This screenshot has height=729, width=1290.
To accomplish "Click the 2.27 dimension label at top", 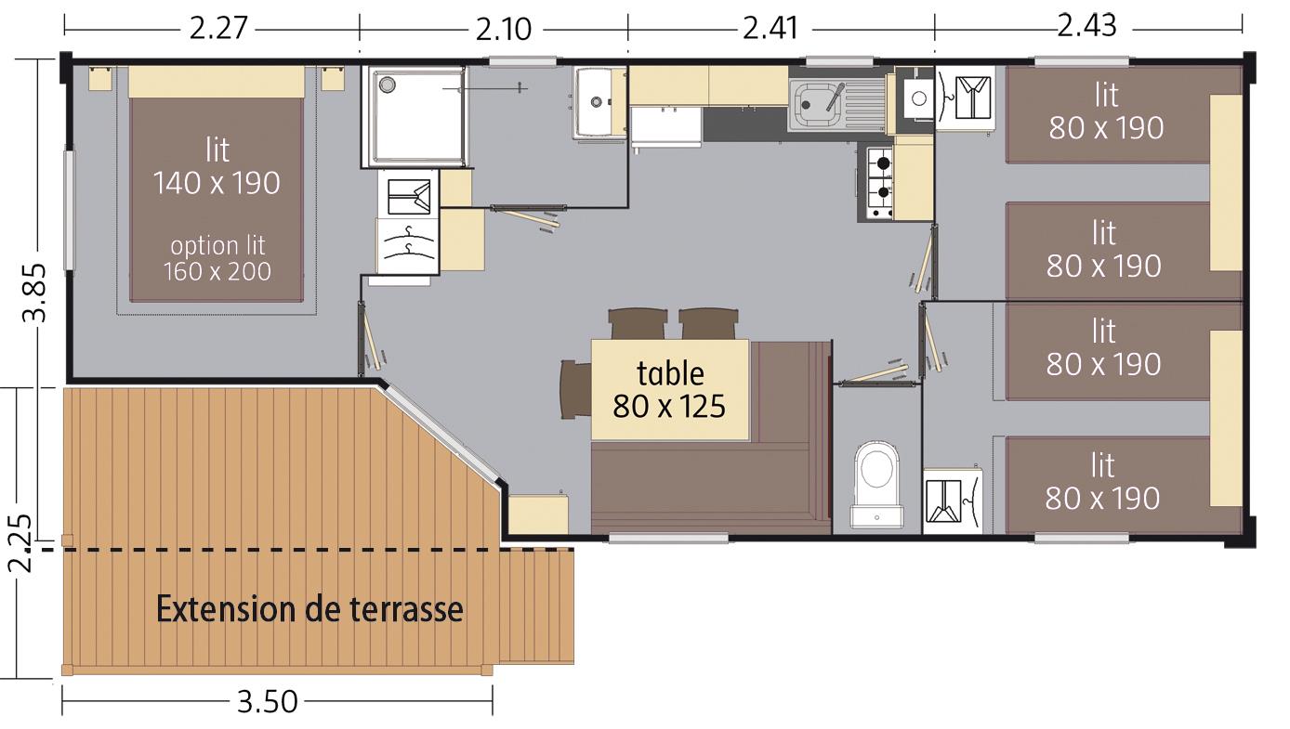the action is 218,28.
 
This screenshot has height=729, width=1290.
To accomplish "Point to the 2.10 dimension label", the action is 503,30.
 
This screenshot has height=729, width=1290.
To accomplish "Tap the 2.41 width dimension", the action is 770,28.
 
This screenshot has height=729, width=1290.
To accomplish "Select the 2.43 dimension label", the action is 1087,25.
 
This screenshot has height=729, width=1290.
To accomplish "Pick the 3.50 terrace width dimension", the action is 268,701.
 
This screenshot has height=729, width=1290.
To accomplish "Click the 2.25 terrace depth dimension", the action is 20,542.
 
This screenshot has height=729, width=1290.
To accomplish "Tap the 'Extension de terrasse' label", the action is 309,609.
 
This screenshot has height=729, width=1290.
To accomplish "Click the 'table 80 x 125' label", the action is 670,390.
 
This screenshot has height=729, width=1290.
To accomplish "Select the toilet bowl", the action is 876,483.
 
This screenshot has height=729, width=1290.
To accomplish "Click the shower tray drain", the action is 387,85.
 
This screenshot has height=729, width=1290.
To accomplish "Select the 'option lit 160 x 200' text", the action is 217,259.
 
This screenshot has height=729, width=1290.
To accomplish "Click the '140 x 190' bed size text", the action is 217,184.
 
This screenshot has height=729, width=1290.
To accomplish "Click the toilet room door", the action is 875,376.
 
